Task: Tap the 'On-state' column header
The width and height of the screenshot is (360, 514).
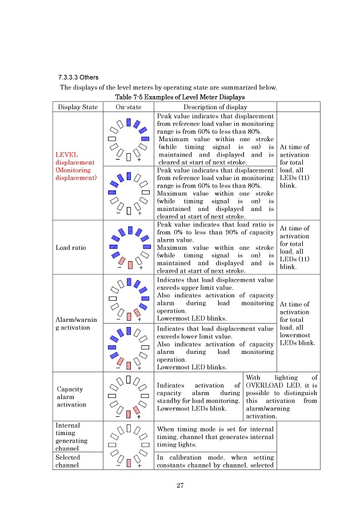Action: pyautogui.click(x=129, y=106)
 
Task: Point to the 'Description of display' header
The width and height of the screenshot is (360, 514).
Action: pyautogui.click(x=215, y=106)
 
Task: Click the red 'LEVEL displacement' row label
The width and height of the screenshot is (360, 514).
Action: pyautogui.click(x=76, y=166)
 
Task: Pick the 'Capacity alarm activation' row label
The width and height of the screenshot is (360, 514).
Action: pyautogui.click(x=71, y=397)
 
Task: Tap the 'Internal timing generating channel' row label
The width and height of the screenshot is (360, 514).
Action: pyautogui.click(x=72, y=437)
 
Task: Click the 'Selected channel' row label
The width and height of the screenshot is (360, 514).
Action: pyautogui.click(x=67, y=461)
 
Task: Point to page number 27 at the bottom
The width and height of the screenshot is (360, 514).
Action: pyautogui.click(x=179, y=486)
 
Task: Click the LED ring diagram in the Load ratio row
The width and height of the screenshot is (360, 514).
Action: pyautogui.click(x=129, y=248)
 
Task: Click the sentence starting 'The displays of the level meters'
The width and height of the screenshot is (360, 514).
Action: pyautogui.click(x=169, y=87)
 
